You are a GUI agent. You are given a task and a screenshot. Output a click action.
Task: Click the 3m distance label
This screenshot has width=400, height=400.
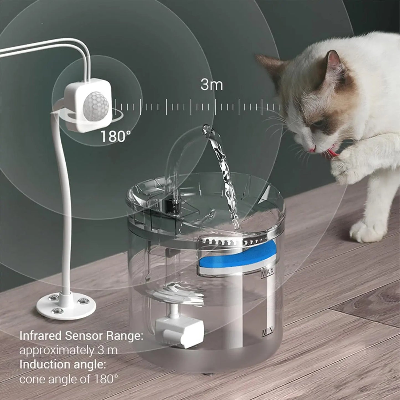pyautogui.click(x=211, y=84)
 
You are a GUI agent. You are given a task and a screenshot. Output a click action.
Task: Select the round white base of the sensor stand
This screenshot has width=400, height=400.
pyautogui.click(x=66, y=306)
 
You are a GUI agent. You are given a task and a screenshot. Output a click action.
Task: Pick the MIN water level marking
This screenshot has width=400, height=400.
pyautogui.click(x=267, y=331)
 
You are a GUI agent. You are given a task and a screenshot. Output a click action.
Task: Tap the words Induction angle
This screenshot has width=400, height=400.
pyautogui.click(x=63, y=365)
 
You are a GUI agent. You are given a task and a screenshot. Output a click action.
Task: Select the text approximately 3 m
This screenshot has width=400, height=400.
pyautogui.click(x=68, y=350)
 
